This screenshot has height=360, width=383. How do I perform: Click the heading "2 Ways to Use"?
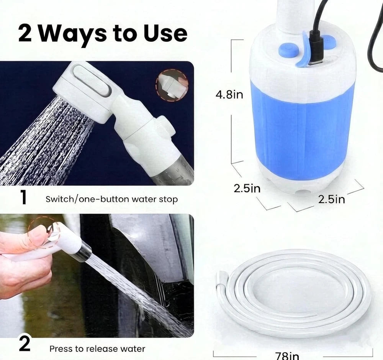coord(103,34)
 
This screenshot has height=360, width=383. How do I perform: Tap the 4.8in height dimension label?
coord(229,95)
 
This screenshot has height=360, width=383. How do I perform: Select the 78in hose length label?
coord(287,355)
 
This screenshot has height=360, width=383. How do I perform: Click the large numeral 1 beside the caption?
coord(24,197)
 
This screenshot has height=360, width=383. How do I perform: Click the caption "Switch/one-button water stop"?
coord(111,199)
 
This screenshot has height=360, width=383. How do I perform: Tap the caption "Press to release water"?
coord(97,348)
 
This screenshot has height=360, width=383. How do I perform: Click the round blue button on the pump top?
coord(289,51)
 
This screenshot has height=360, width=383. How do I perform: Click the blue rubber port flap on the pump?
coord(303,50)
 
